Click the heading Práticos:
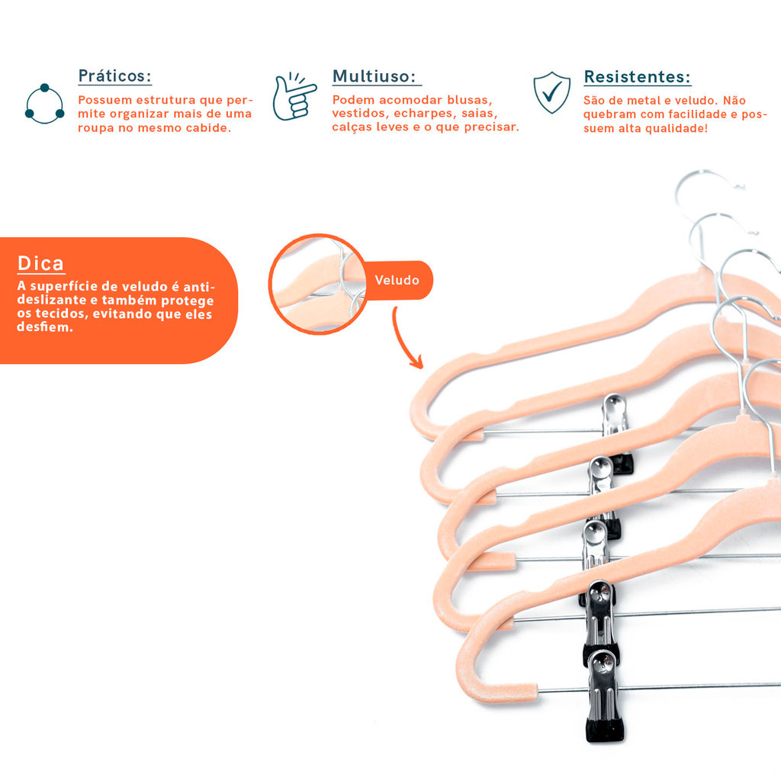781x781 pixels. pos(114,76)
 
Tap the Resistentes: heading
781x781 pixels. pos(637,77)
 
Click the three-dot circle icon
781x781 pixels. pos(44,104)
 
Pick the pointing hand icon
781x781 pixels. pos(294,97)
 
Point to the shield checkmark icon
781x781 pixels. pos(552,92)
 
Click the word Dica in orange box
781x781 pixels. pos(40,263)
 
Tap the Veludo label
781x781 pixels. pos(397,280)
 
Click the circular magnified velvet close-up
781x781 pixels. pos(318,284)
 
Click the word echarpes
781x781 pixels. pos(423,114)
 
